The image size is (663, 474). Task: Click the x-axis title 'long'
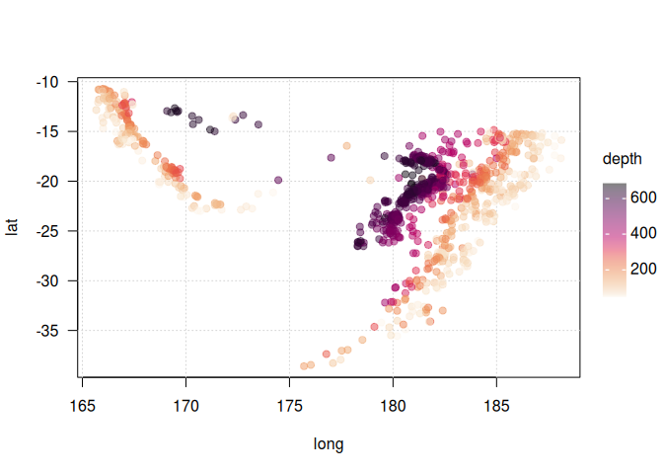tap(329, 444)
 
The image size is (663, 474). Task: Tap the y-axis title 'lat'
tap(13, 227)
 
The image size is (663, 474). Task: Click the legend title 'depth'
tap(623, 158)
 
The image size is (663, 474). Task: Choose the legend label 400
tap(643, 233)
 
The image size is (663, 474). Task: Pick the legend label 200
tap(643, 268)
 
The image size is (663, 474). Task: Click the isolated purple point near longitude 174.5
tap(278, 181)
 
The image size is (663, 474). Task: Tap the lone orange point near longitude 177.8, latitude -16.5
tap(347, 146)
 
